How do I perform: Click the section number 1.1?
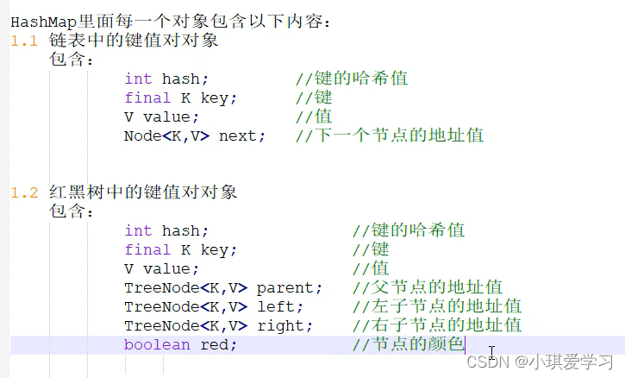24,41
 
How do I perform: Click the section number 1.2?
24,192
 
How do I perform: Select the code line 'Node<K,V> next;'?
195,135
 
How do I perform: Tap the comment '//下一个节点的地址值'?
389,135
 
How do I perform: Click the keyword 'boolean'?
157,344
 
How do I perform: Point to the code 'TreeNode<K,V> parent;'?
223,287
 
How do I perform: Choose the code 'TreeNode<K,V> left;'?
214,306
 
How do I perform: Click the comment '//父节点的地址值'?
428,287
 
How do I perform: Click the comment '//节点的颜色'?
409,344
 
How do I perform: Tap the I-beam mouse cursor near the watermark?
492,352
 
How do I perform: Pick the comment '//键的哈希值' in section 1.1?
352,79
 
